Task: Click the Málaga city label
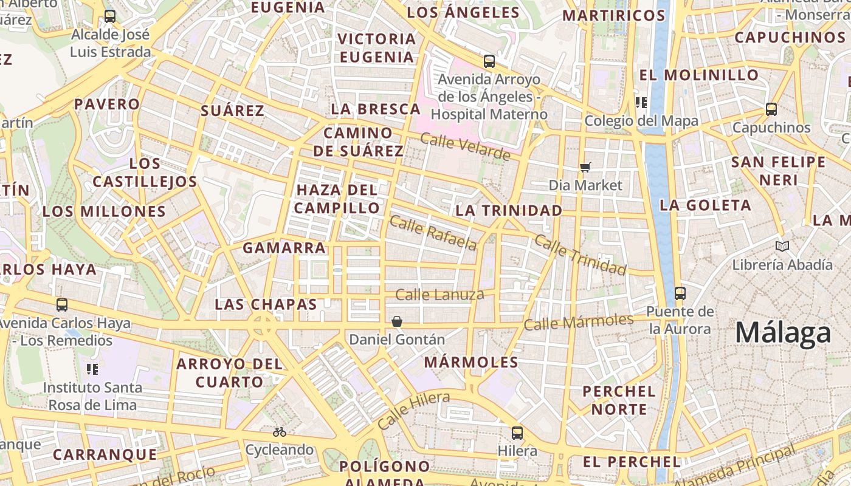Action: coord(783,333)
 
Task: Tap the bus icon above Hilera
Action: coord(517,433)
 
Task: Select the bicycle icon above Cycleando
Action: coord(280,432)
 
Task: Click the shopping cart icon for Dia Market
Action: coord(585,167)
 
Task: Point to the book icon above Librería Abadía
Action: coord(782,246)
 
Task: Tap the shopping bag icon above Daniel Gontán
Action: coord(397,321)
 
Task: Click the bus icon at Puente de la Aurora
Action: coord(680,293)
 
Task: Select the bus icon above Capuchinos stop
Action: coord(771,109)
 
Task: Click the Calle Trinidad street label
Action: coord(580,254)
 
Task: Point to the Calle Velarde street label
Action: coord(465,146)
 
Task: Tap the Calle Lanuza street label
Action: coord(439,295)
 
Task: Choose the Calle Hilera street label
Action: coord(413,411)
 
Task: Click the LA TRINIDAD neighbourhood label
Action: coord(509,211)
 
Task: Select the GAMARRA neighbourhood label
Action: coord(284,248)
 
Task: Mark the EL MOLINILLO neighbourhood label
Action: coord(699,75)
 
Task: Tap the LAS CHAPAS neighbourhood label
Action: coord(266,304)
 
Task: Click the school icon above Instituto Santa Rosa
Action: coord(92,369)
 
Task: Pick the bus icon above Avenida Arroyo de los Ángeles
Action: coord(489,61)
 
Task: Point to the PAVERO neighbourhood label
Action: coord(107,104)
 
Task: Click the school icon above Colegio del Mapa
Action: coord(641,102)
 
